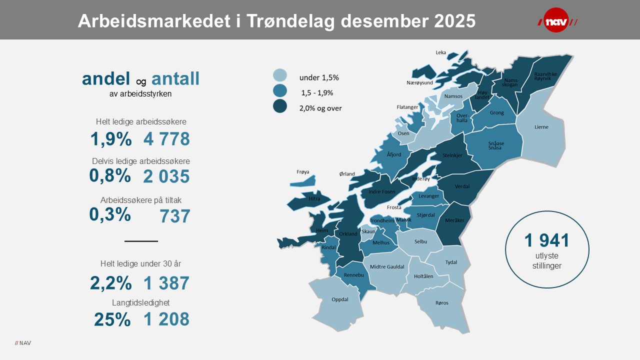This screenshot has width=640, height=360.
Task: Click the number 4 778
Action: point(166,139)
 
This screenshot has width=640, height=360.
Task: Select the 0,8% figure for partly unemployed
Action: point(110,175)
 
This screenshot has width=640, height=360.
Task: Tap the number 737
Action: point(175,216)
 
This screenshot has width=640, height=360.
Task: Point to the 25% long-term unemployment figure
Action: point(112,319)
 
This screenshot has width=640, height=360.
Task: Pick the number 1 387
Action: point(166,283)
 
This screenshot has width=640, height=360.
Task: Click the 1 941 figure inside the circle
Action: point(546,240)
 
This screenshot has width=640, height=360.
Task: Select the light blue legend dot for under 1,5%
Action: point(280,75)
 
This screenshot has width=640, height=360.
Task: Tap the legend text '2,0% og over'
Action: point(320,108)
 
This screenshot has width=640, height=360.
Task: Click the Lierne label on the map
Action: point(541,127)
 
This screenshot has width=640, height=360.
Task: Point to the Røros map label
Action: point(442,303)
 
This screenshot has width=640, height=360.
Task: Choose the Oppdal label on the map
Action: point(339,299)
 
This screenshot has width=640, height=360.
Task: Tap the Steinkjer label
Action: point(452,155)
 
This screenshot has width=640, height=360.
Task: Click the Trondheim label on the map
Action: point(382,220)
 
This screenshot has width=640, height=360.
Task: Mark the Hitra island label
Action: point(314,198)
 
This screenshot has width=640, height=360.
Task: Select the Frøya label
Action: point(303,172)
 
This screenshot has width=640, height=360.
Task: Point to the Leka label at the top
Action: point(440,52)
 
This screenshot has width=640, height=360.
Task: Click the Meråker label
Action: point(454,220)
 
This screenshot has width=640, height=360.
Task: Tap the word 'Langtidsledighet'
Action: point(141,302)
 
